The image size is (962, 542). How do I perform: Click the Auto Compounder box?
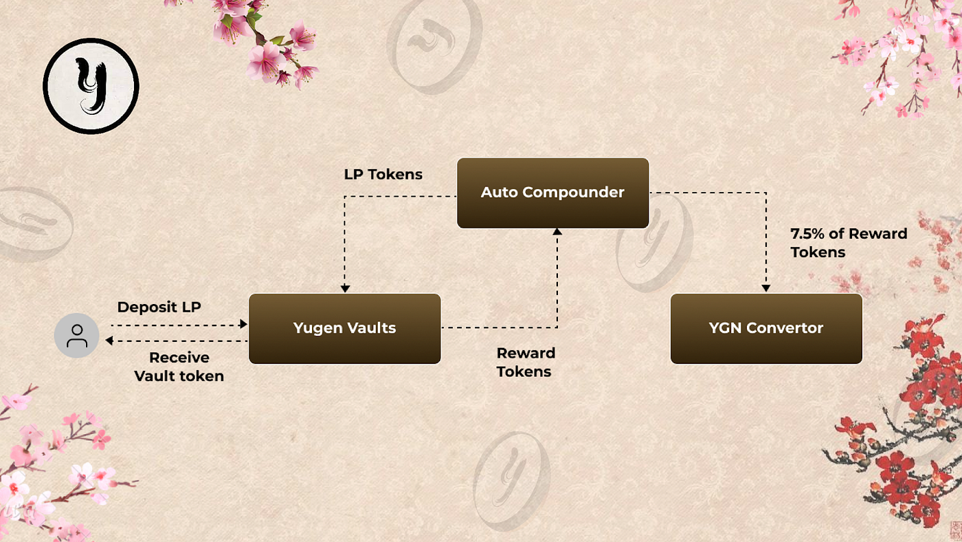(552, 193)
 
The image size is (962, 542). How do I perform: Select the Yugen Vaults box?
(344, 328)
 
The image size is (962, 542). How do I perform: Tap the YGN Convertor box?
(765, 328)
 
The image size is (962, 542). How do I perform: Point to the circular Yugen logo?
(91, 86)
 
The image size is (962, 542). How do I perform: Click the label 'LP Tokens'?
(383, 175)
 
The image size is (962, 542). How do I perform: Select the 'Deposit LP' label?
(159, 307)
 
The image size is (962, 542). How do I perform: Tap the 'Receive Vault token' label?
(179, 367)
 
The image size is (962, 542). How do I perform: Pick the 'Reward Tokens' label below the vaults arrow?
(526, 362)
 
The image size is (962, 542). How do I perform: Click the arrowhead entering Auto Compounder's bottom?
(557, 232)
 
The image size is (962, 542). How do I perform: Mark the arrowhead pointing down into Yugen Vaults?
(345, 288)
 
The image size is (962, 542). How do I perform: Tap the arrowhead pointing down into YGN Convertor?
(765, 288)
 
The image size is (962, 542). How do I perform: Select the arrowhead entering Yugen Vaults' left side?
(243, 324)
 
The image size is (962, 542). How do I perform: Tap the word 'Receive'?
(179, 358)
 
